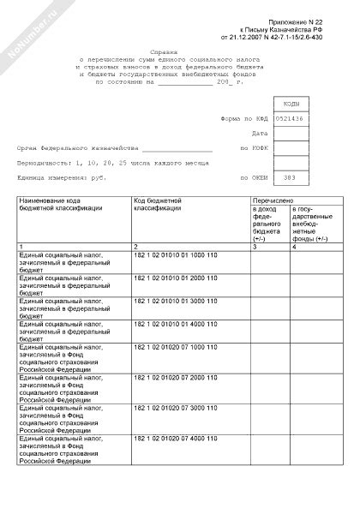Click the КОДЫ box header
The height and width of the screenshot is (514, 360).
[x=291, y=103]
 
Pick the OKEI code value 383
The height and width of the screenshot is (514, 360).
[x=291, y=178]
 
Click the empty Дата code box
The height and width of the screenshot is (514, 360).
[x=291, y=134]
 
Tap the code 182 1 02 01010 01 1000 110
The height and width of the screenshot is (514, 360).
[x=176, y=255]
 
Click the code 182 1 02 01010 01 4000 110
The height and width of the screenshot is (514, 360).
[x=176, y=326]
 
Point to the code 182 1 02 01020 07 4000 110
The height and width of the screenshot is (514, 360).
[x=176, y=438]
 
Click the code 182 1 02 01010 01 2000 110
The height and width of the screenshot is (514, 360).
[x=176, y=278]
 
